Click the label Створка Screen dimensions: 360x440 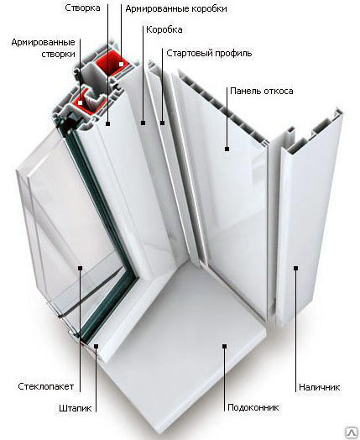[x=82, y=8]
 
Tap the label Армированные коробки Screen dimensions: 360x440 [x=176, y=8]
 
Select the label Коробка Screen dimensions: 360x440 [x=164, y=29]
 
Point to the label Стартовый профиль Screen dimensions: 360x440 [x=209, y=53]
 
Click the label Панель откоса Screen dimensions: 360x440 [x=262, y=91]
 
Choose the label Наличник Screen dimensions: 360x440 [x=320, y=387]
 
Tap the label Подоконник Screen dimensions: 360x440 [x=253, y=407]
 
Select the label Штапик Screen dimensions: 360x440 [x=76, y=408]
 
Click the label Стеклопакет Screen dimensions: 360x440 [x=45, y=386]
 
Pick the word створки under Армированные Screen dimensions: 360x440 [x=58, y=54]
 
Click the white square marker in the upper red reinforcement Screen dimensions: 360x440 [x=121, y=64]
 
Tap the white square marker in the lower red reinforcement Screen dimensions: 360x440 [x=81, y=102]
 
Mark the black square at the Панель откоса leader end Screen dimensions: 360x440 [x=227, y=149]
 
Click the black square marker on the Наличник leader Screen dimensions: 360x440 [x=295, y=268]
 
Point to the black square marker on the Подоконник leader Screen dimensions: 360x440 [x=224, y=346]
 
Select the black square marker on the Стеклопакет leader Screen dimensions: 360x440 [x=81, y=268]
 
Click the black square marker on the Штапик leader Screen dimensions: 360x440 [x=96, y=346]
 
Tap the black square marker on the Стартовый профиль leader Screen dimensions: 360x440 [x=162, y=123]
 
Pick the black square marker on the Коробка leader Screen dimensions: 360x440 [x=143, y=123]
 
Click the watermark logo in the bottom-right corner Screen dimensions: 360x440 [x=352, y=433]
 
